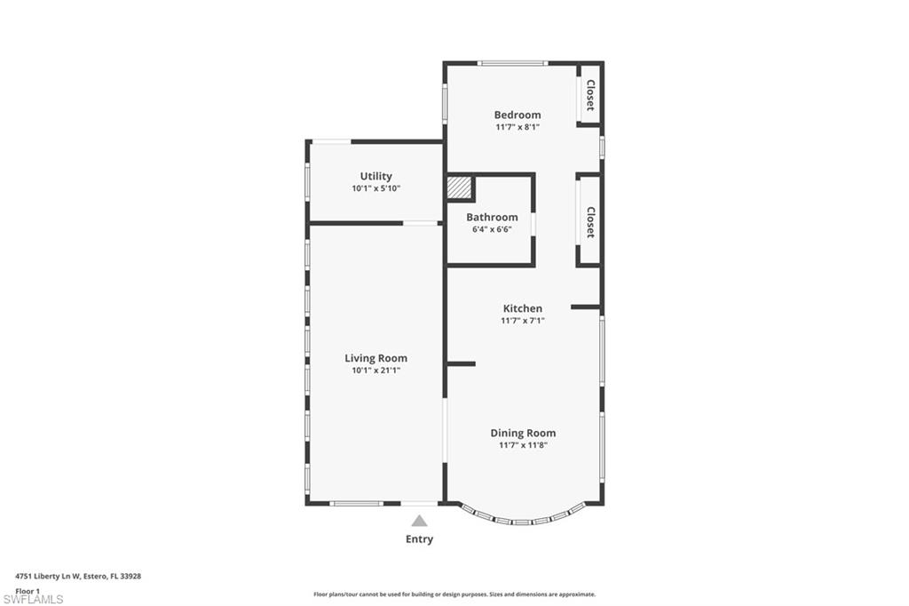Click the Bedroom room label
coord(518,115)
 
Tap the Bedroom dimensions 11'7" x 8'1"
coord(518,127)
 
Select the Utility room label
coord(375,176)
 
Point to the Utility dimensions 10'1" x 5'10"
coord(375,188)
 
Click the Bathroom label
coord(492,217)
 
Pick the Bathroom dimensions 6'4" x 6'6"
coord(492,229)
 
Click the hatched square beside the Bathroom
coord(458,188)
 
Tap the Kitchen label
coord(522,308)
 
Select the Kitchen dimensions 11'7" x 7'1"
coord(522,321)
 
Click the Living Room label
coord(375,358)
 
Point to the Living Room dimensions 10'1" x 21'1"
coord(375,371)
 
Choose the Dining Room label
coord(523,433)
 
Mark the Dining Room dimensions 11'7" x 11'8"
coord(523,445)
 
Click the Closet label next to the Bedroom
coord(589,95)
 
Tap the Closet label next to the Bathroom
coord(589,222)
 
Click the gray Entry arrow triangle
coord(419,521)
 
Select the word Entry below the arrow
coord(419,539)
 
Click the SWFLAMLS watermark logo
coord(33,599)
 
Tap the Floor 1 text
coord(28,590)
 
